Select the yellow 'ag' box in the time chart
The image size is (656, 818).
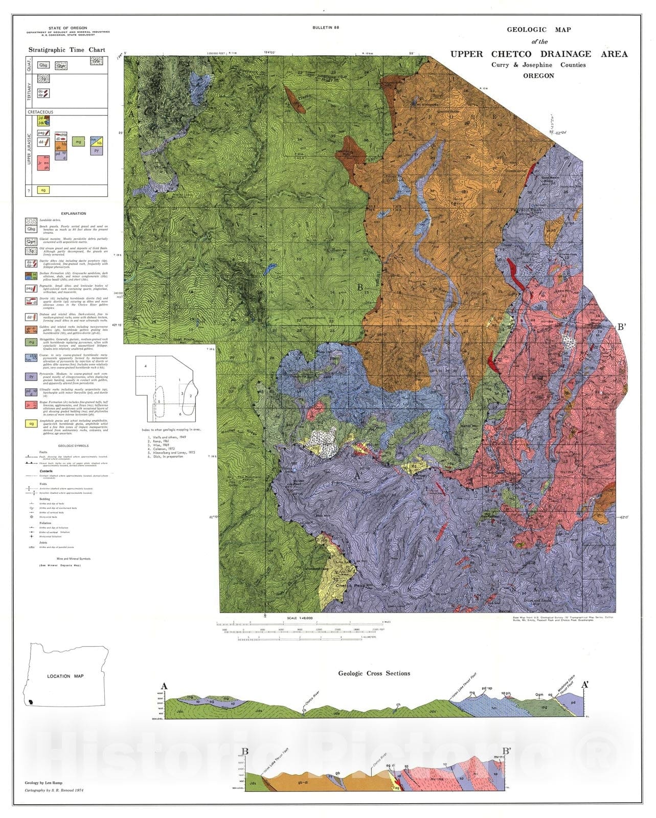[x=44, y=190]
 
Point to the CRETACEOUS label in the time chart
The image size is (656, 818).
[x=41, y=111]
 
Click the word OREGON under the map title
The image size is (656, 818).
[x=538, y=76]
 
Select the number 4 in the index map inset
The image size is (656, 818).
[x=146, y=366]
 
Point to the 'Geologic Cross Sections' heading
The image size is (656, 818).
[x=374, y=673]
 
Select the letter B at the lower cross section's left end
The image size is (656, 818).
[x=245, y=752]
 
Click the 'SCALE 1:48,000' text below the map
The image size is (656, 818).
[x=300, y=618]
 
